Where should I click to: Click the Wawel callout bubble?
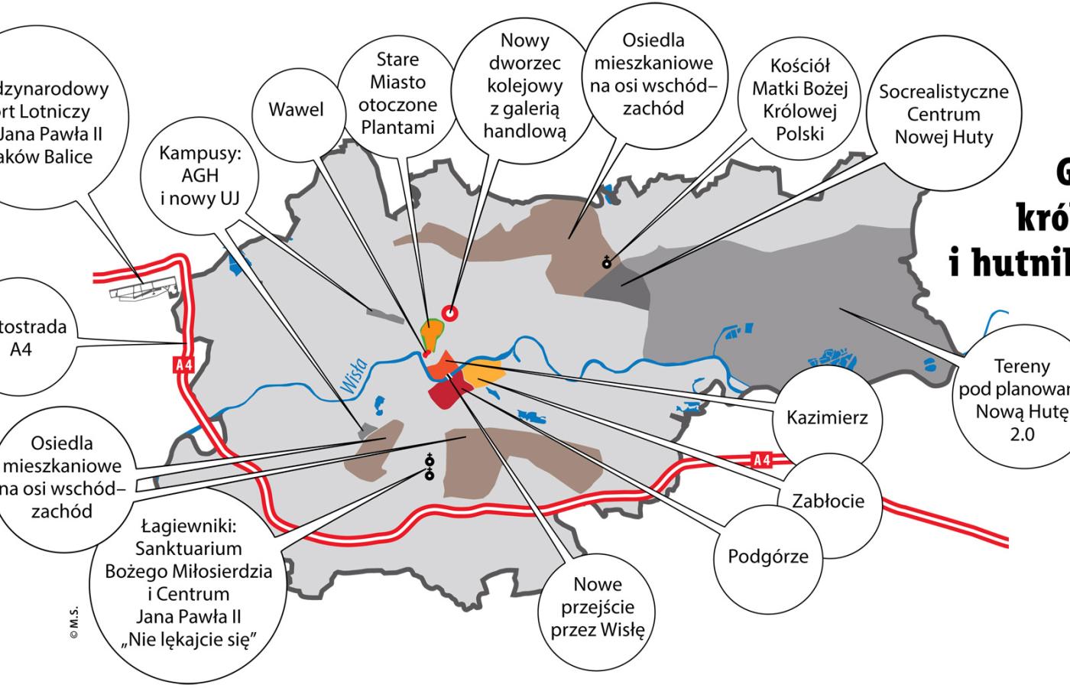coord(296,110)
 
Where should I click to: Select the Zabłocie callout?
coord(828,501)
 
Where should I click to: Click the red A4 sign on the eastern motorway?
coord(761,459)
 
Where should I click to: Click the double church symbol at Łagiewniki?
coord(430,467)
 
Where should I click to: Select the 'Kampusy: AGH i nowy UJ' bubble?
coord(200,176)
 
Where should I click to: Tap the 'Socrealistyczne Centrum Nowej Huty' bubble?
coord(943,115)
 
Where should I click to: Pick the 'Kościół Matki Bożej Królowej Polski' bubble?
coord(799,99)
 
